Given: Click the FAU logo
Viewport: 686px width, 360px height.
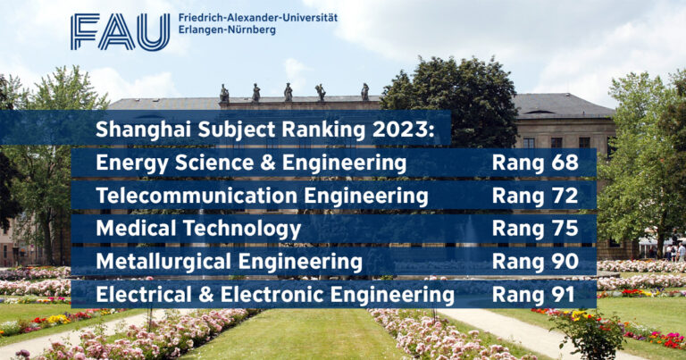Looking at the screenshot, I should [120, 32].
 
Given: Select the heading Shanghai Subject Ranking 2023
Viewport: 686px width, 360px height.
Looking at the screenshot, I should [264, 130].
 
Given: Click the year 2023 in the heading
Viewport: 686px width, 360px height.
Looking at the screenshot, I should [404, 130].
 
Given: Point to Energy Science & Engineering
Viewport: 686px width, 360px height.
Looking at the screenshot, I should [251, 163].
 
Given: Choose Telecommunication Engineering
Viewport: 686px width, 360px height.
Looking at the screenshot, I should [262, 196].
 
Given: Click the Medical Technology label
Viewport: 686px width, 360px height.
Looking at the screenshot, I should [198, 229].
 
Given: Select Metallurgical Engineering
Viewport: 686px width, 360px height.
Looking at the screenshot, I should [229, 262].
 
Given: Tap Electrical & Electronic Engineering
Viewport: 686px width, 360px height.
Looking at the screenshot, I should [275, 294].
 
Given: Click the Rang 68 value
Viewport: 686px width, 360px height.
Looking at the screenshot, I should [535, 163].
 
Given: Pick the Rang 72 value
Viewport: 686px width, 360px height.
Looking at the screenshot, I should [535, 196].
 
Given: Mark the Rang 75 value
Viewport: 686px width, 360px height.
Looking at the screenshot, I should [535, 229].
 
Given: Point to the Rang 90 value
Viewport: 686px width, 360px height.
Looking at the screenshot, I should [535, 262].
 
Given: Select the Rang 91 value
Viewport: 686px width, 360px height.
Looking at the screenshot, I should [535, 294].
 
